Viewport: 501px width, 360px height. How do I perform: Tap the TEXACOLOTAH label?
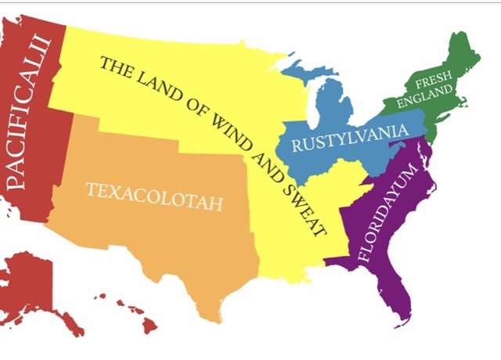154,196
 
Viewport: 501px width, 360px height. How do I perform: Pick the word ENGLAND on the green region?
425,98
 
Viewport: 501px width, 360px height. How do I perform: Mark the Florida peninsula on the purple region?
395,301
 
